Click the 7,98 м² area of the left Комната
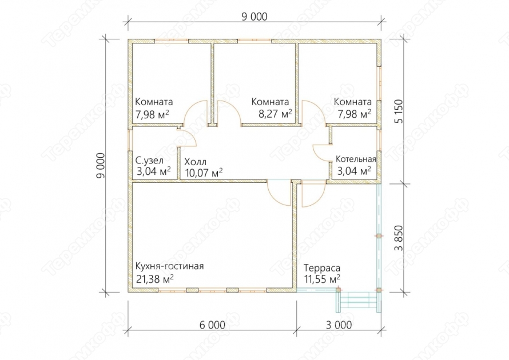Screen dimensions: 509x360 152,114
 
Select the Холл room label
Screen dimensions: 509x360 195,162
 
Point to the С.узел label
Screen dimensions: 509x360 149,161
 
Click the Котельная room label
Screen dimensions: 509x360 356,159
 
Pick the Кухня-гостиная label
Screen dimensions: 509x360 169,266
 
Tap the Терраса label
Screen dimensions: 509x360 322,268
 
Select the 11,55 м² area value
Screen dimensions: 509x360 322,279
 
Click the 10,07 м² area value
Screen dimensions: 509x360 204,173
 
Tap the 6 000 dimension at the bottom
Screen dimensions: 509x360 212,325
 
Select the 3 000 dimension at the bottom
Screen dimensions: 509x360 339,325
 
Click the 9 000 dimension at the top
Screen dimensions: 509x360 254,17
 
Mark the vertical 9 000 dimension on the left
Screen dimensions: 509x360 101,165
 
